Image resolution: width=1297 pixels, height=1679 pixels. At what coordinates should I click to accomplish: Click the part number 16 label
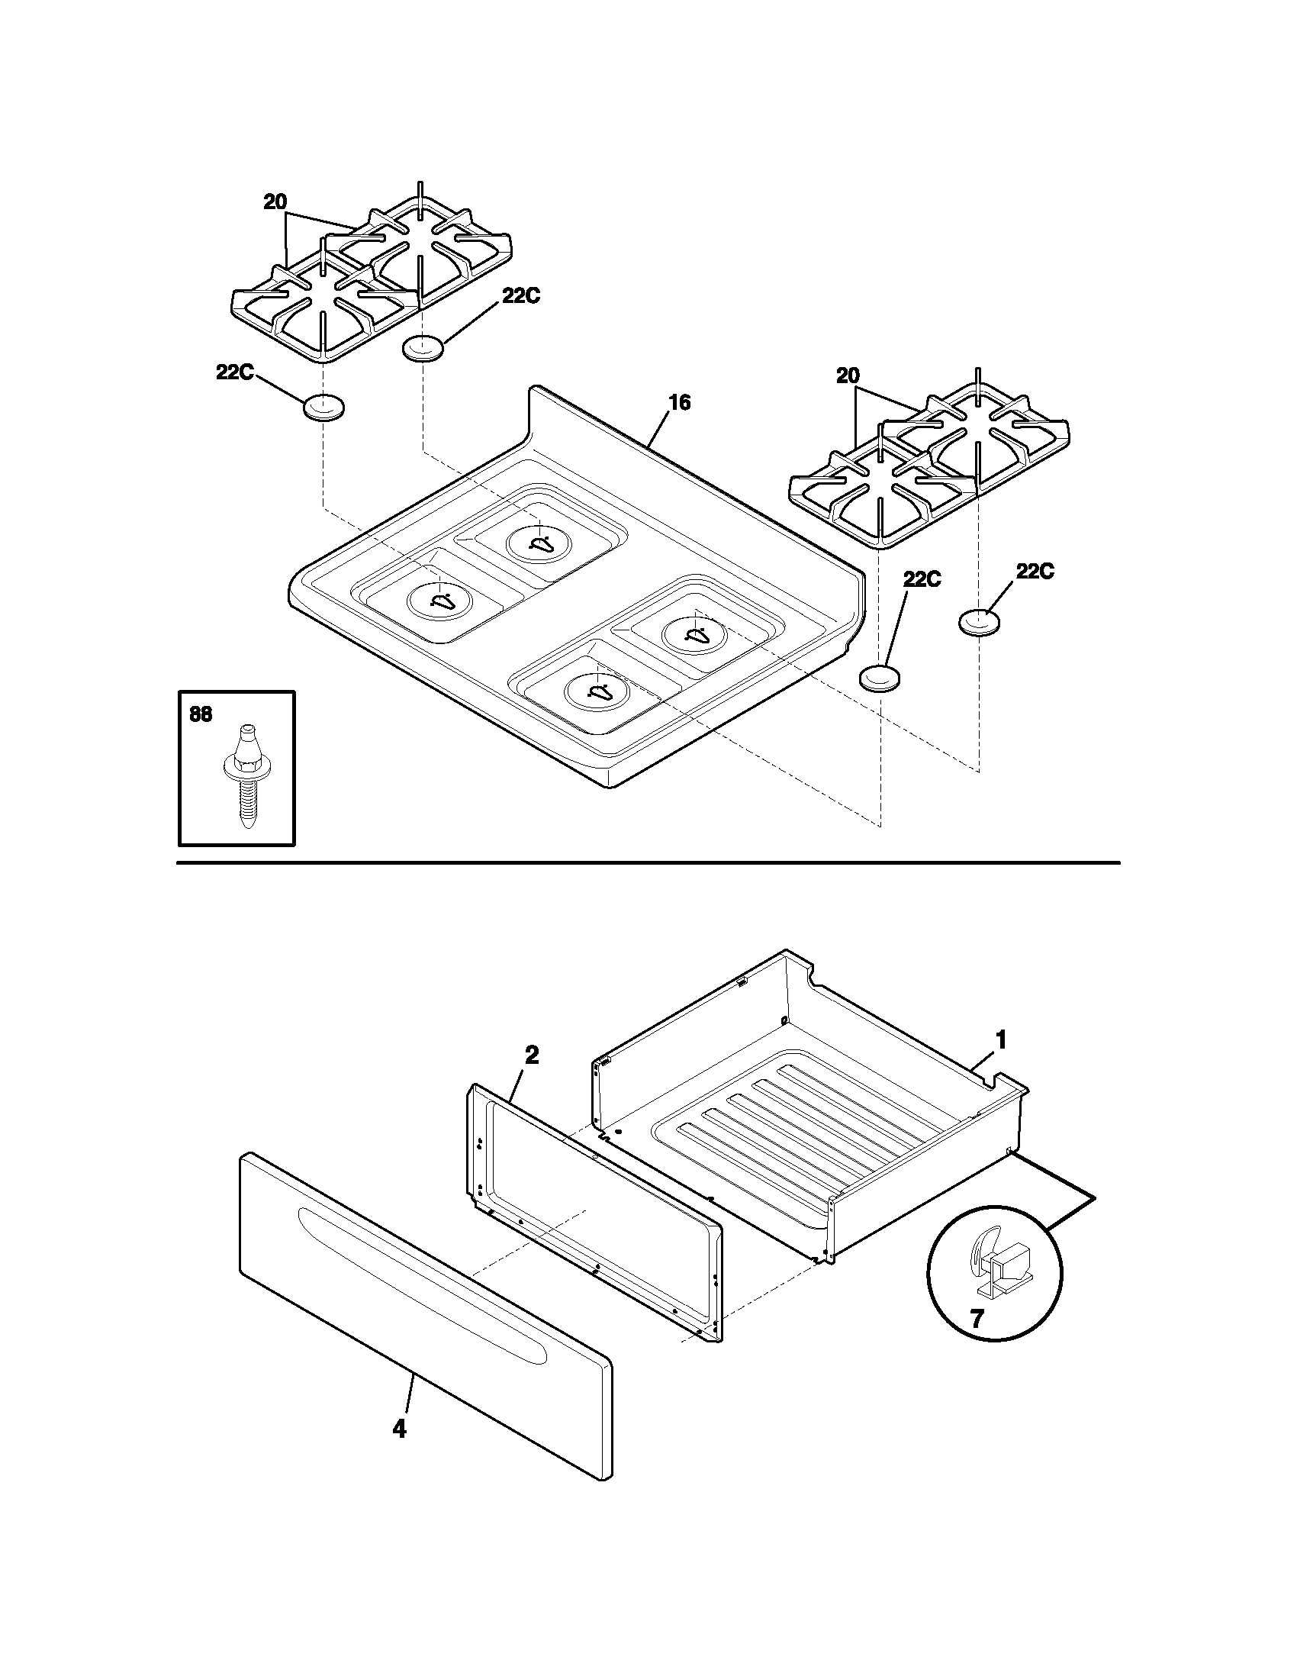click(x=679, y=402)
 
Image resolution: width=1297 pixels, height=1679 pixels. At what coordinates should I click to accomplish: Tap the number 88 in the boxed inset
click(x=201, y=714)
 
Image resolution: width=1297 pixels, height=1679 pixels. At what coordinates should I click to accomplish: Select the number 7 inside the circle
click(x=977, y=1320)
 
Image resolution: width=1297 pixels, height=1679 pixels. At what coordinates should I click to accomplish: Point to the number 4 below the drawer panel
click(x=399, y=1429)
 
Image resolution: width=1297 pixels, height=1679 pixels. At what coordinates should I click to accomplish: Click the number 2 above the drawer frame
click(x=531, y=1055)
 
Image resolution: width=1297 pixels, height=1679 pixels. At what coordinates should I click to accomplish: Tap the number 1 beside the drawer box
click(x=1000, y=1039)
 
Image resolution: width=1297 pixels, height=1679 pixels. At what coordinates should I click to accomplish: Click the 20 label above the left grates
click(x=275, y=202)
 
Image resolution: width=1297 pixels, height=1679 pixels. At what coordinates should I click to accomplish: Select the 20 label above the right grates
click(x=848, y=376)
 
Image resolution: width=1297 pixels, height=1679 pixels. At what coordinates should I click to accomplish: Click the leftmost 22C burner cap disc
click(x=323, y=408)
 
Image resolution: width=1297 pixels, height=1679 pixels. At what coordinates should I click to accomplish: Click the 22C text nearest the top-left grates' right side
click(x=521, y=296)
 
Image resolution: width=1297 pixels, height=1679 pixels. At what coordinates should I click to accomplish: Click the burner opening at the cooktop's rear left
click(x=539, y=543)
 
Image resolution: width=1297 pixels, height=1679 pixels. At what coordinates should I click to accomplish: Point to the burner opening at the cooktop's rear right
click(x=694, y=635)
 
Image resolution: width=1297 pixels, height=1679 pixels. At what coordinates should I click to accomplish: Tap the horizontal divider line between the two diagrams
click(x=648, y=863)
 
